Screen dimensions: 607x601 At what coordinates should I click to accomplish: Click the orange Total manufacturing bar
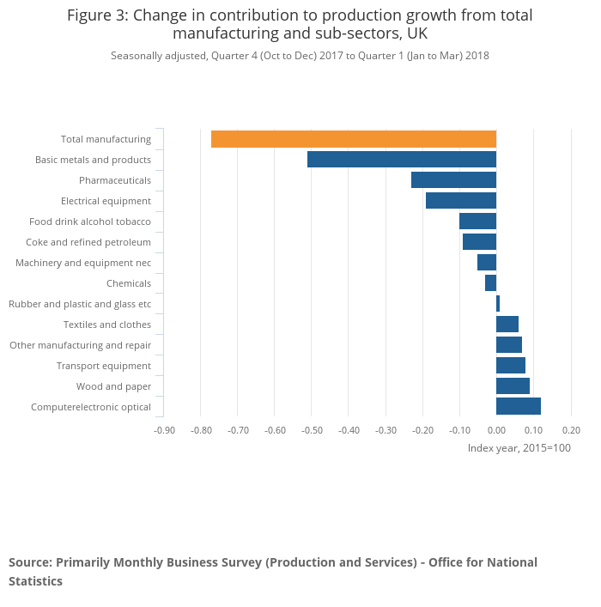[x=354, y=139]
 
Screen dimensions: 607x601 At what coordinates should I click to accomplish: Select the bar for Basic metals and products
[x=402, y=160]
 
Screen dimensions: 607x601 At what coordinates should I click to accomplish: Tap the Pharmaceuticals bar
[x=453, y=180]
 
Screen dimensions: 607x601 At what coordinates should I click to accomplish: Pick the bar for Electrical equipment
[x=461, y=201]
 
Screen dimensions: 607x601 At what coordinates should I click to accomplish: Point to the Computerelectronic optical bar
[x=519, y=407]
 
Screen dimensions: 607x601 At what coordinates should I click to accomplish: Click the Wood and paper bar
[x=513, y=386]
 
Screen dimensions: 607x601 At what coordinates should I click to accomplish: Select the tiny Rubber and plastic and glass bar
[x=498, y=304]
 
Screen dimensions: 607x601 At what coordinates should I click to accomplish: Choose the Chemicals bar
[x=490, y=283]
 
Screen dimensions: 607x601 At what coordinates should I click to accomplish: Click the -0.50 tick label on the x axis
[x=312, y=429]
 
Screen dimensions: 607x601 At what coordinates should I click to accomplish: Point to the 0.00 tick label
[x=496, y=429]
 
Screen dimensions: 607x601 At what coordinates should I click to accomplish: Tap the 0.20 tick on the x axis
[x=570, y=429]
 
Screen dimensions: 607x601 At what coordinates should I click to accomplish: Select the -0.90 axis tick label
[x=164, y=429]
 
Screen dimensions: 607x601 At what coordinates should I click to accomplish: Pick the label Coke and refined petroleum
[x=88, y=242]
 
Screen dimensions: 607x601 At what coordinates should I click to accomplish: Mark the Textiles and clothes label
[x=107, y=325]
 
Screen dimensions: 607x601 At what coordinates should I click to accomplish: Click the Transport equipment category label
[x=104, y=366]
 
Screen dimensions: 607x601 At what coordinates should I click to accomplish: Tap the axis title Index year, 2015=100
[x=519, y=448]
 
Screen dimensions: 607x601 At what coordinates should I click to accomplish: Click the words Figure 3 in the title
[x=97, y=15]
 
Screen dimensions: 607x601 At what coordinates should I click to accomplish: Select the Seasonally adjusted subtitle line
[x=300, y=56]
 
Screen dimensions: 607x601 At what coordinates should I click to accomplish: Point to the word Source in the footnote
[x=30, y=562]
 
